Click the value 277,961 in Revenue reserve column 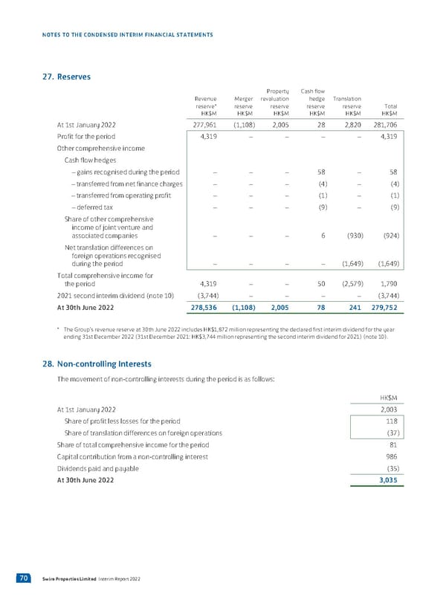203,125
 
